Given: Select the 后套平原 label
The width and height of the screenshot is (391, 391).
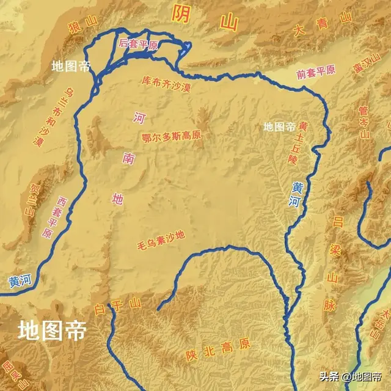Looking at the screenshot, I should click(x=139, y=44).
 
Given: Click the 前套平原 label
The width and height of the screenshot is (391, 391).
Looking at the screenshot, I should click(x=316, y=71).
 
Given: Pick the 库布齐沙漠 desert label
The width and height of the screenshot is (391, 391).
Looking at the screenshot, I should click(x=166, y=83).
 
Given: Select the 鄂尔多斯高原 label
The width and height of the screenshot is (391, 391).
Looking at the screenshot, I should click(x=171, y=136).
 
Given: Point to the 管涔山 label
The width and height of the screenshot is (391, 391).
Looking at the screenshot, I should click(x=365, y=124).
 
